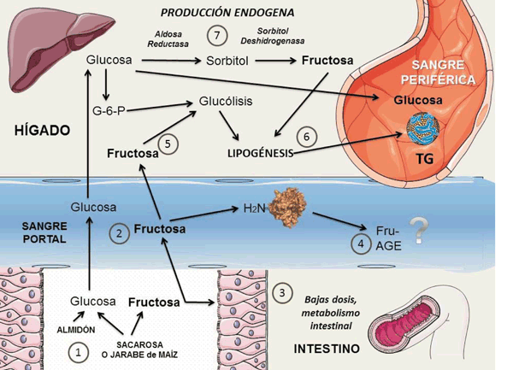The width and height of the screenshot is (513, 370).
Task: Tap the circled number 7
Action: (x=218, y=36)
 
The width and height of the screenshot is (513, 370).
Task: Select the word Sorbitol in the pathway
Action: (x=227, y=61)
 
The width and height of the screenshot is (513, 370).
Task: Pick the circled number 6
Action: (x=307, y=137)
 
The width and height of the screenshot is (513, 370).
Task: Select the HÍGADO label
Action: (x=41, y=131)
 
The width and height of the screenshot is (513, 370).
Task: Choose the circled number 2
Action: (x=121, y=231)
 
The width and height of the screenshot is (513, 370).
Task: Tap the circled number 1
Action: (x=78, y=350)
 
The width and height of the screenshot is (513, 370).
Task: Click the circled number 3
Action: (x=284, y=292)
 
